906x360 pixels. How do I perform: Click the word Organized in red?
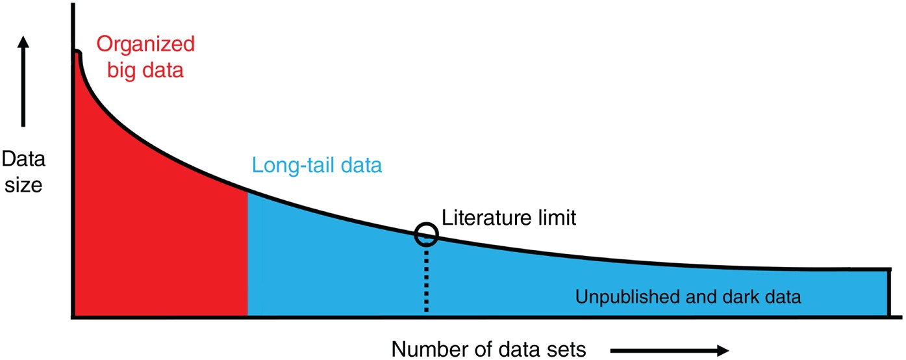[x=145, y=45]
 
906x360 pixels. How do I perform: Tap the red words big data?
[x=140, y=69]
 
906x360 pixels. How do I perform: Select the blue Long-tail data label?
[x=316, y=166]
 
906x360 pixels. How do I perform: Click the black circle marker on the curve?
[x=426, y=234]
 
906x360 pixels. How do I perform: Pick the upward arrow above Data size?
[x=23, y=81]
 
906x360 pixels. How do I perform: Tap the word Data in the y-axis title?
[x=23, y=160]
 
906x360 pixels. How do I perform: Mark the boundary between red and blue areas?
[x=247, y=253]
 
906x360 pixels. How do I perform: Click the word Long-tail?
[x=292, y=166]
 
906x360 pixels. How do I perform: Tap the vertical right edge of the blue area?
[x=888, y=292]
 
